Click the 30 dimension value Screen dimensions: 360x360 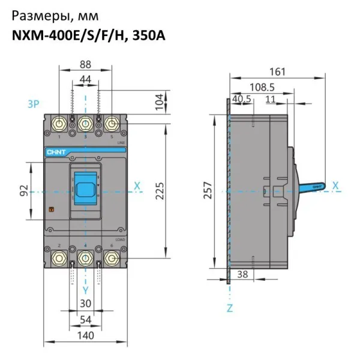pyautogui.click(x=85, y=304)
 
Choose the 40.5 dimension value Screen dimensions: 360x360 pyautogui.click(x=241, y=99)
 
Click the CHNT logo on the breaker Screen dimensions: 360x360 pyautogui.click(x=55, y=152)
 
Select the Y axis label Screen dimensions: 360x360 pyautogui.click(x=85, y=289)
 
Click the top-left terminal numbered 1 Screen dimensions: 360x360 pyautogui.click(x=59, y=124)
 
